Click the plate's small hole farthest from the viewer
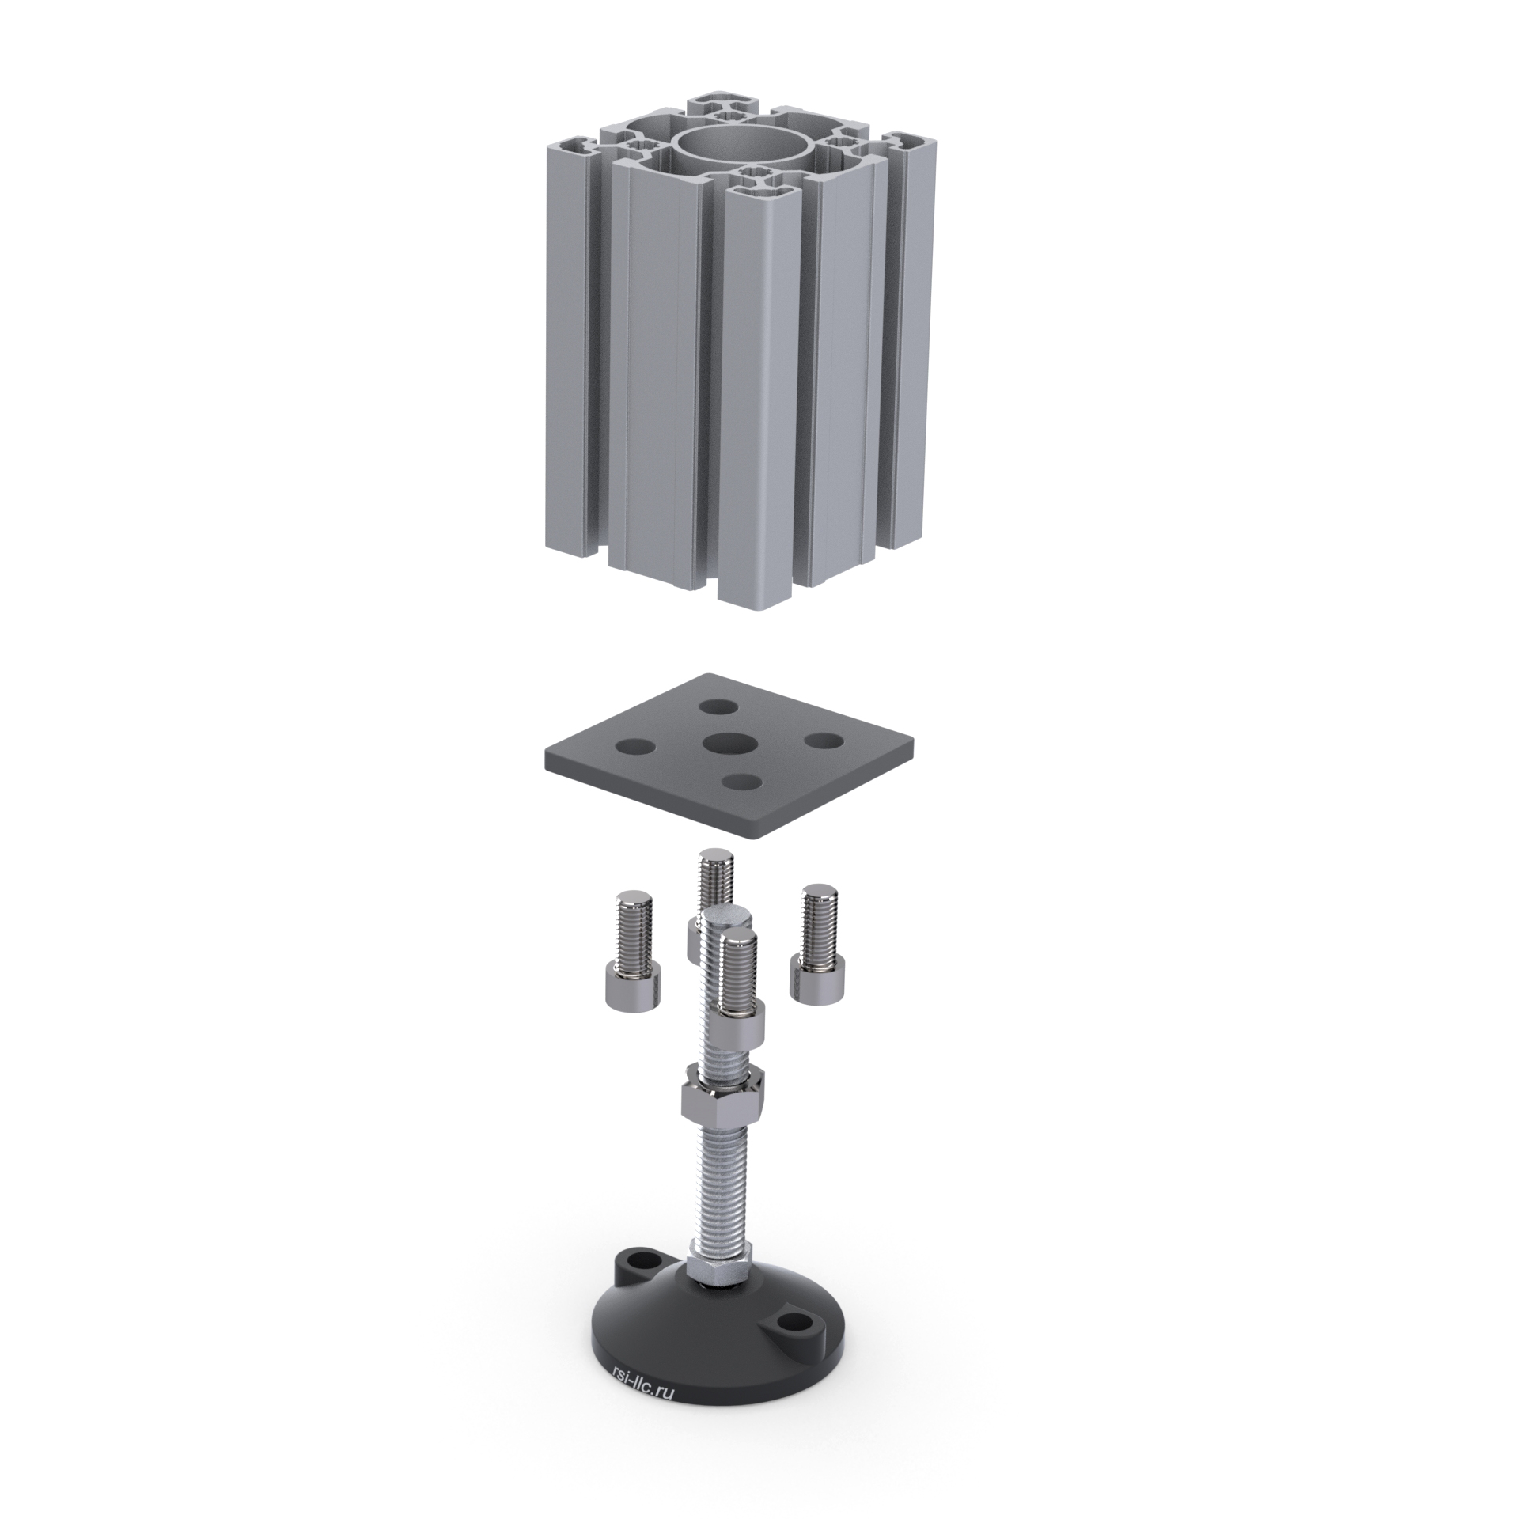(718, 705)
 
